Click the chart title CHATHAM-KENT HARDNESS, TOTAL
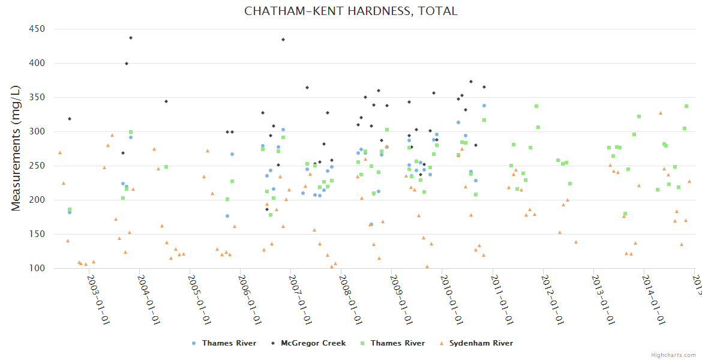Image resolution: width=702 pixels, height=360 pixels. (x=351, y=11)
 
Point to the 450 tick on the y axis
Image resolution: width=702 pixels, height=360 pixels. (x=38, y=29)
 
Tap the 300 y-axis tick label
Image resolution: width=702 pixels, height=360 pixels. (x=38, y=131)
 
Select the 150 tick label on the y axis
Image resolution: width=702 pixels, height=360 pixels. (x=38, y=234)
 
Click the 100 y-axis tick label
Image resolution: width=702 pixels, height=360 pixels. (x=38, y=268)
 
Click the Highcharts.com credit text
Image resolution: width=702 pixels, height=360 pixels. (x=674, y=355)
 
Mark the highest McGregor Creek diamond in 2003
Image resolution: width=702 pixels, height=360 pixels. (x=131, y=38)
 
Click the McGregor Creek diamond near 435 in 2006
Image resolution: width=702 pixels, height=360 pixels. (x=283, y=40)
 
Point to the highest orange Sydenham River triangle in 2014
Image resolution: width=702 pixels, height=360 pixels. (x=661, y=113)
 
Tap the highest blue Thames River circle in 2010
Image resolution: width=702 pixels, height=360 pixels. (x=484, y=106)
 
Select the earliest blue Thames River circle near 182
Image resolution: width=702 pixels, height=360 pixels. (x=70, y=212)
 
